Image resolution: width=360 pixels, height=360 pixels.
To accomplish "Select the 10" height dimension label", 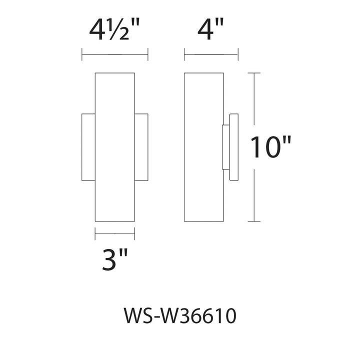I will [x=270, y=147].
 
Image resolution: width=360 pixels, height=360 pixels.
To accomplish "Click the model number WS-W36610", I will [x=179, y=317].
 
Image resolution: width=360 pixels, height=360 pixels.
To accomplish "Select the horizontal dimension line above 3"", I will [x=114, y=232].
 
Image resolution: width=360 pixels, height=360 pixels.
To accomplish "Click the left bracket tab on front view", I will [x=88, y=147].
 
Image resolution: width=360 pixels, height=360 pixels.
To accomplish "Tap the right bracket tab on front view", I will [x=141, y=147].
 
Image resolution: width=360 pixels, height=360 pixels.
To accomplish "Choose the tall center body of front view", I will [x=114, y=147].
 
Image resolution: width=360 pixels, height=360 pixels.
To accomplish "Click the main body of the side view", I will [x=203, y=147].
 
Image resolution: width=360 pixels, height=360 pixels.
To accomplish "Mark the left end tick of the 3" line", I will [x=95, y=232].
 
